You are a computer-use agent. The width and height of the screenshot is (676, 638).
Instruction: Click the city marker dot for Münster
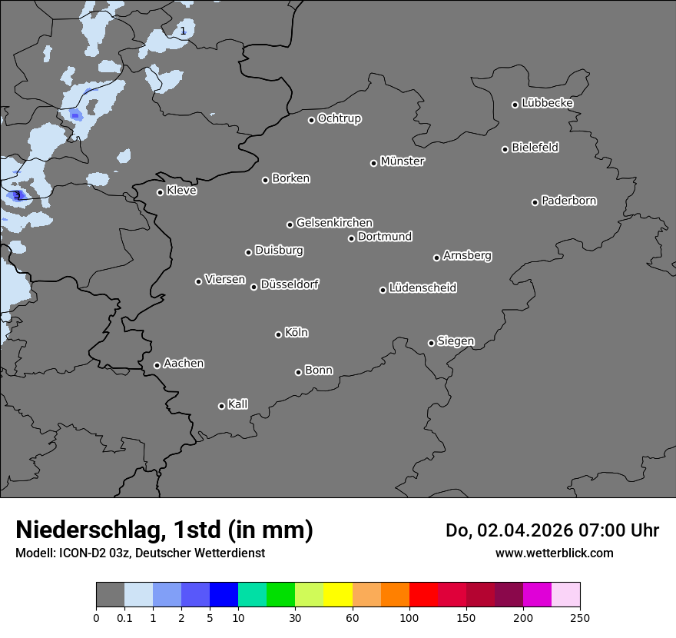pyautogui.click(x=374, y=163)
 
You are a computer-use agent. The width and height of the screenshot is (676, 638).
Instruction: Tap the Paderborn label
pyautogui.click(x=568, y=201)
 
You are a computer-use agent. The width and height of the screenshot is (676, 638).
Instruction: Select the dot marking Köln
pyautogui.click(x=278, y=334)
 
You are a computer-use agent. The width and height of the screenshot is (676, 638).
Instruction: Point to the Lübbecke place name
pyautogui.click(x=547, y=103)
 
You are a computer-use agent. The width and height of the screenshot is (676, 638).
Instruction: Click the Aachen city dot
pyautogui.click(x=157, y=365)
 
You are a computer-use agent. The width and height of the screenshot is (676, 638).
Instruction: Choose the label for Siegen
pyautogui.click(x=456, y=341)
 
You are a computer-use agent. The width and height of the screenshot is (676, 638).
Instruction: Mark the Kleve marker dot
pyautogui.click(x=160, y=192)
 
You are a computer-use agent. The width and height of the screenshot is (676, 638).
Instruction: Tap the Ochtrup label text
pyautogui.click(x=339, y=118)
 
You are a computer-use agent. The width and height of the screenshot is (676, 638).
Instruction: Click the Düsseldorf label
pyautogui.click(x=290, y=284)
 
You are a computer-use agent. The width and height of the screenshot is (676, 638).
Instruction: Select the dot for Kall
pyautogui.click(x=221, y=406)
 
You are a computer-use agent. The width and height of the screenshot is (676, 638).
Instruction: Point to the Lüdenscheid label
pyautogui.click(x=422, y=288)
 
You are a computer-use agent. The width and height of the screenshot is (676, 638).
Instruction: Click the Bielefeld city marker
pyautogui.click(x=505, y=149)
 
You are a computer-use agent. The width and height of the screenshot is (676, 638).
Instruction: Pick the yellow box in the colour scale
pyautogui.click(x=338, y=595)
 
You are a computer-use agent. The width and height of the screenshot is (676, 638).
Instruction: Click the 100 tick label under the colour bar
pyautogui.click(x=409, y=617)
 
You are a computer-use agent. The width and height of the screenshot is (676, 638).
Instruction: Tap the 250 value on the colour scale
pyautogui.click(x=580, y=617)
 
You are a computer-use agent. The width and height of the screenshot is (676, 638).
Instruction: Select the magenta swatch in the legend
pyautogui.click(x=537, y=595)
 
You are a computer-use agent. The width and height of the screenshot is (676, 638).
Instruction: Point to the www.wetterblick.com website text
pyautogui.click(x=554, y=553)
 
